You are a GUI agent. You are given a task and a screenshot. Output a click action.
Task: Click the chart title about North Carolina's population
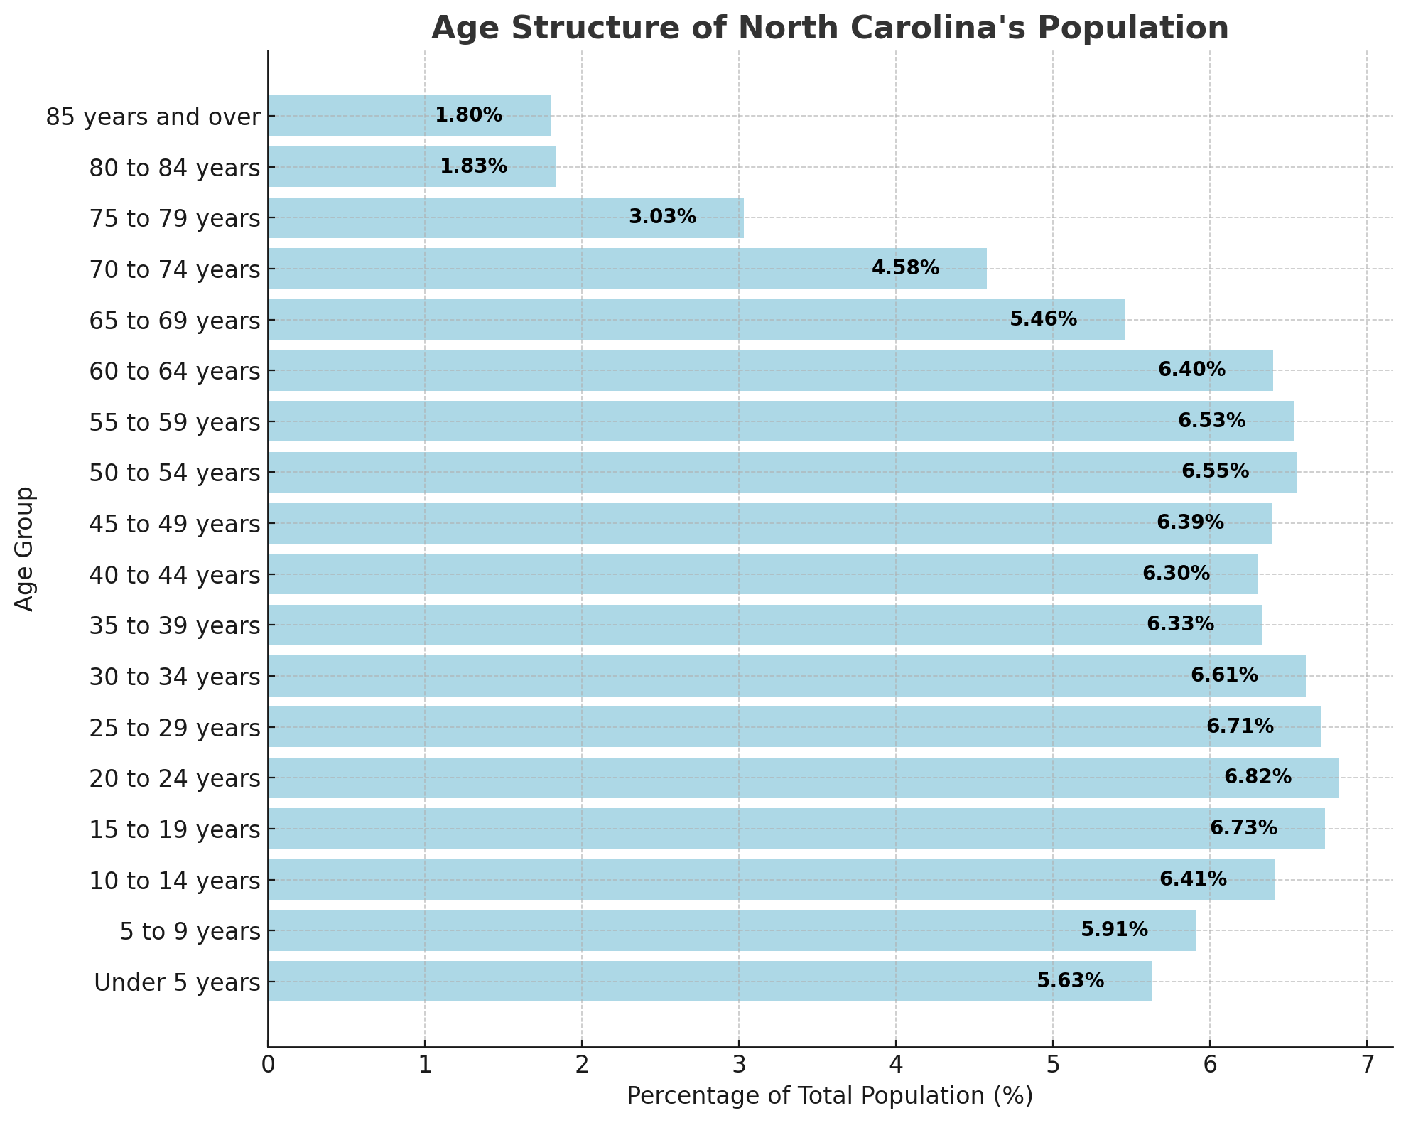coord(829,28)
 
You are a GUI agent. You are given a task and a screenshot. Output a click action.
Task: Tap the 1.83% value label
coord(473,166)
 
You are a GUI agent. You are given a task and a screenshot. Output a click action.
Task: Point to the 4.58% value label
coord(905,269)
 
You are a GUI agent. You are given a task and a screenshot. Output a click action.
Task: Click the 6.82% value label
coord(1258,778)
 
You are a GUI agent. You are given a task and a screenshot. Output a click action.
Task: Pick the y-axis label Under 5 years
coord(177,983)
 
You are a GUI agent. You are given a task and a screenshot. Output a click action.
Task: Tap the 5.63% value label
coord(1070,982)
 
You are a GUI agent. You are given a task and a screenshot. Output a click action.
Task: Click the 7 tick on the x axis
coord(1366,1066)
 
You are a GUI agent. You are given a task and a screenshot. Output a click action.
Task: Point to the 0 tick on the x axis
coord(268,1066)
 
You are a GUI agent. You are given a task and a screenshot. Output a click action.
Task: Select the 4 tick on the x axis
coord(895,1066)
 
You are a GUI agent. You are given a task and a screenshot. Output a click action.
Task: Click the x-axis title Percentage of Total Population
coord(829,1097)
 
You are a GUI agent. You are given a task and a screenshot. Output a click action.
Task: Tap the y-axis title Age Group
coord(25,548)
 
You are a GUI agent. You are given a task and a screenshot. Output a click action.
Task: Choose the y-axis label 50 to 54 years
coord(175,473)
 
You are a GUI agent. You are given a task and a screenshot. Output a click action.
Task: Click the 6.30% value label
coord(1176,574)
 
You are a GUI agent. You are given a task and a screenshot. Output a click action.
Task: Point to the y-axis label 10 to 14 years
coord(175,881)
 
